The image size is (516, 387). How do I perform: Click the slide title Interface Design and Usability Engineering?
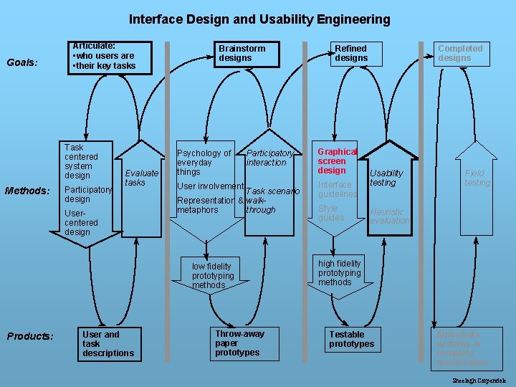259,19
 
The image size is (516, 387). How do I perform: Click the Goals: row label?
22,62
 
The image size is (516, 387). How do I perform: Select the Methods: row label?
27,191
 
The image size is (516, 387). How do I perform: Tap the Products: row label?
29,336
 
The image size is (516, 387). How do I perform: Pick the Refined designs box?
352,53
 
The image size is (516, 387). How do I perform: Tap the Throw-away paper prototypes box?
240,343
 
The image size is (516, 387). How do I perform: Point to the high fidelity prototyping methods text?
340,273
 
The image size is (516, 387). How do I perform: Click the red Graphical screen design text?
337,161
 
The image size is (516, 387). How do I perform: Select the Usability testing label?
386,178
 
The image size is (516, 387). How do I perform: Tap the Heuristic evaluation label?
389,216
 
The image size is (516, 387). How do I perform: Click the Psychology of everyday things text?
204,162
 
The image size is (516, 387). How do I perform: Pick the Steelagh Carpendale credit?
479,381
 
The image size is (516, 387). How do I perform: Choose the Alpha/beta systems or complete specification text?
462,349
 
